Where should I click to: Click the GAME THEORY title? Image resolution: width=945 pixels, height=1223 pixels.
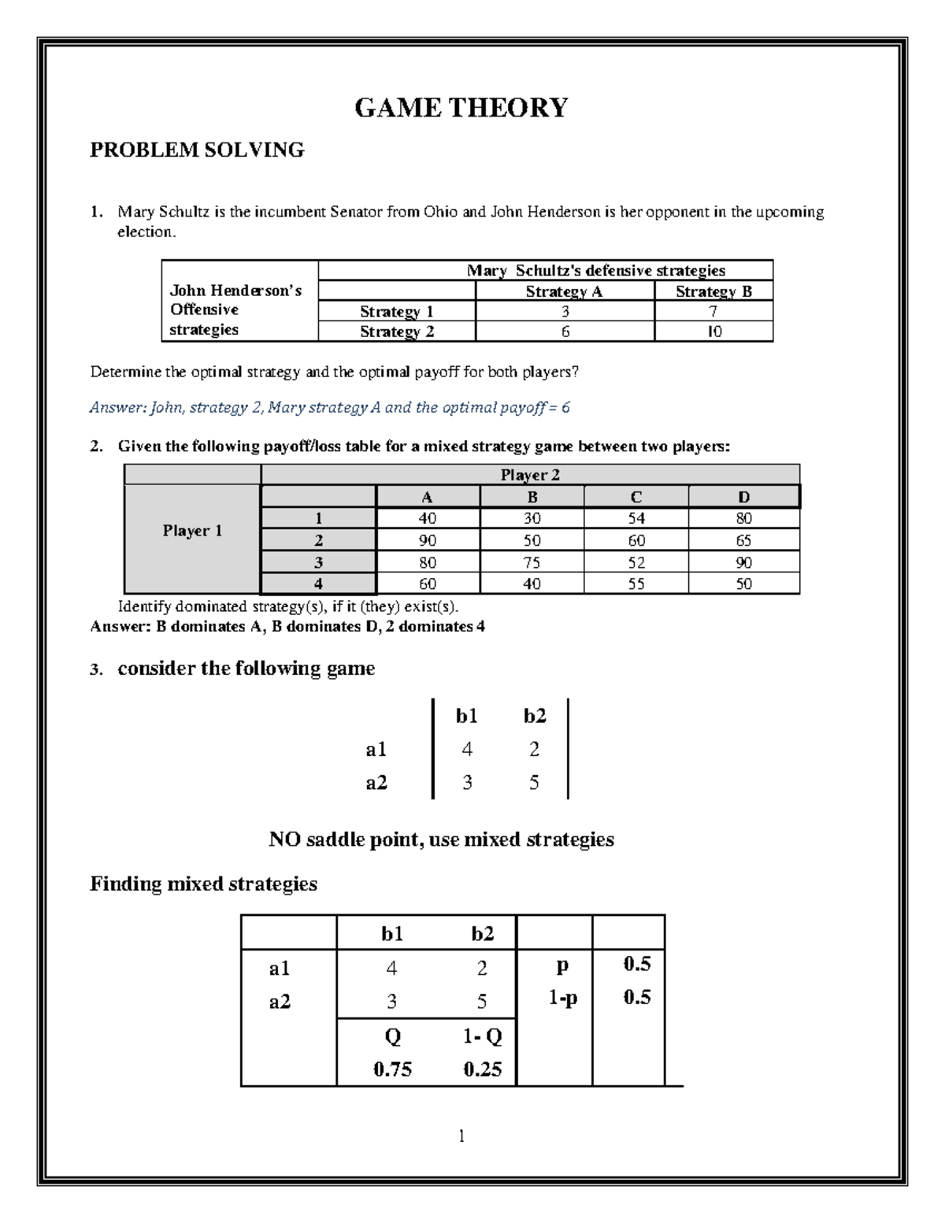[x=461, y=107]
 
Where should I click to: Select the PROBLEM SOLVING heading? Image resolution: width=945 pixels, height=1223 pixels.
[x=197, y=150]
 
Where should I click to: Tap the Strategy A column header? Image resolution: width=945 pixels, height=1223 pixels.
[x=564, y=291]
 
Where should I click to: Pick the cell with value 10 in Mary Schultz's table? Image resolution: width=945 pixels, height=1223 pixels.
[x=713, y=332]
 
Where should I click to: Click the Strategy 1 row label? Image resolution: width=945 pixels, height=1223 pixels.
[x=396, y=312]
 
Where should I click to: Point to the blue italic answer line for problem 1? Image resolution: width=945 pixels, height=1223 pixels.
[x=329, y=408]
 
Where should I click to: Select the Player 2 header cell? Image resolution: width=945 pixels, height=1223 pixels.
[x=530, y=475]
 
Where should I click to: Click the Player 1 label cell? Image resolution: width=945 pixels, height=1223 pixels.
[x=192, y=531]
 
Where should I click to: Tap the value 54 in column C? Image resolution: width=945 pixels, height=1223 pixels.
[x=636, y=518]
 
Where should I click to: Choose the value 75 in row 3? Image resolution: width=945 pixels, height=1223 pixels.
[x=532, y=562]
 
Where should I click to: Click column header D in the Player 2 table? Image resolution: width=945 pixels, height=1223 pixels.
[x=743, y=497]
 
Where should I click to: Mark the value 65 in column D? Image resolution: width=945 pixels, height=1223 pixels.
[x=743, y=540]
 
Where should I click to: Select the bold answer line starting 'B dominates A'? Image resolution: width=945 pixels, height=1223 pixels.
[x=287, y=627]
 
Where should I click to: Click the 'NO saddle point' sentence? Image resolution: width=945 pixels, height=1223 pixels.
[x=441, y=839]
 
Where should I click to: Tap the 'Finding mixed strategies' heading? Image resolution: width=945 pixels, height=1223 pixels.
[x=203, y=884]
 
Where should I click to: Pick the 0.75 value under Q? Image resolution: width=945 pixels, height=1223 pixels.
[x=392, y=1069]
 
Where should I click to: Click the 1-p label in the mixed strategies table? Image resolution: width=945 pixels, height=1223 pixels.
[x=563, y=998]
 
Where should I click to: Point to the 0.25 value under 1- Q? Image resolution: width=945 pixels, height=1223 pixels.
[x=483, y=1069]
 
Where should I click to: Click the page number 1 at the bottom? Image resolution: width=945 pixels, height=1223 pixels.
[x=461, y=1136]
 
